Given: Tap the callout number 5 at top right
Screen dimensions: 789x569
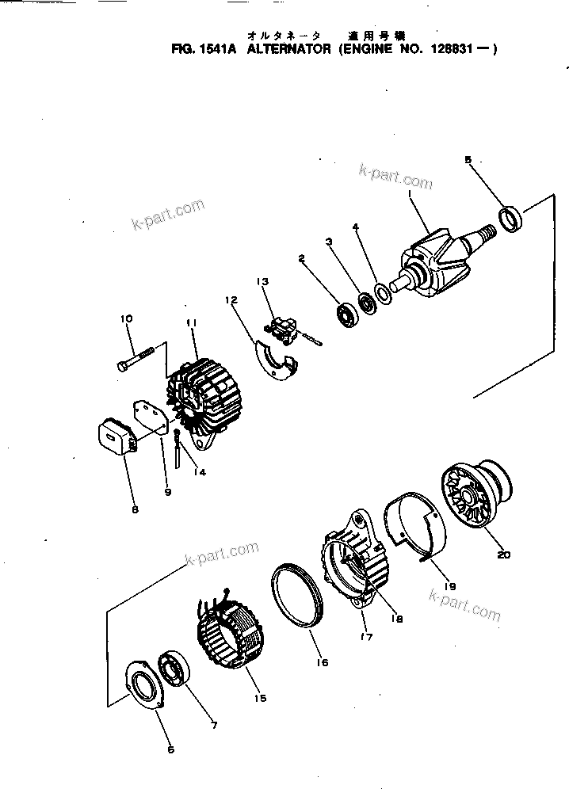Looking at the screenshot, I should tap(468, 159).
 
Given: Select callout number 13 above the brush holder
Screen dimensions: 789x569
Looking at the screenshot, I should tap(262, 281).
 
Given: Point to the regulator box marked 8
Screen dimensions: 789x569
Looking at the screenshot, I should tap(113, 436).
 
